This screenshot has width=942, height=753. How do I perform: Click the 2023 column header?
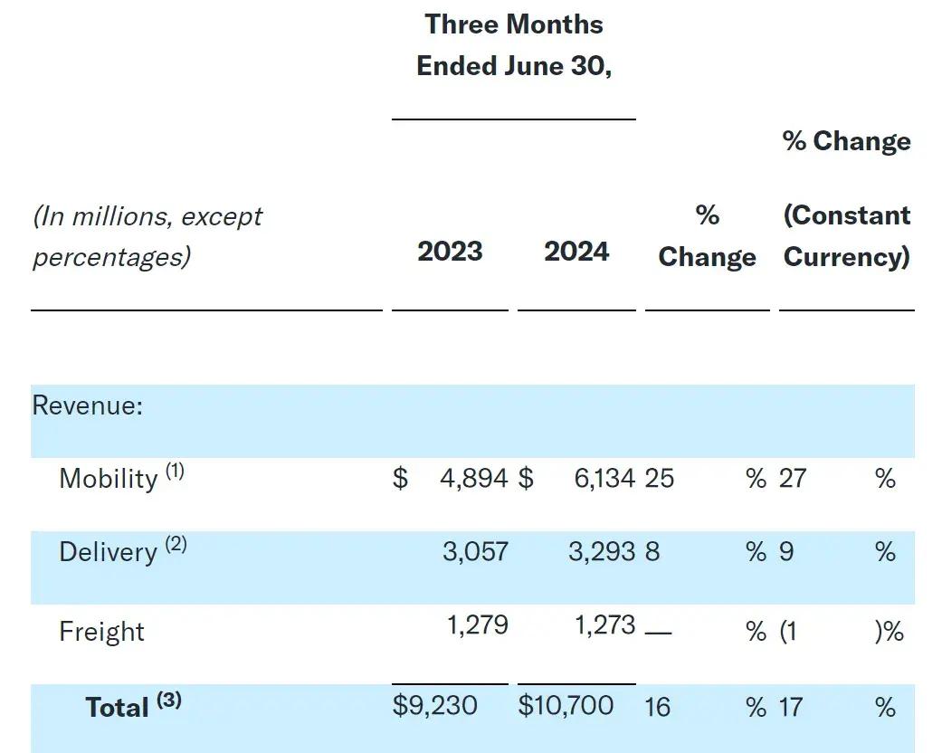[x=450, y=251]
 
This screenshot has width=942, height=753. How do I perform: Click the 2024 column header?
[x=576, y=251]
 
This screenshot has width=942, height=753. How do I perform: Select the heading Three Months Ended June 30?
[x=514, y=45]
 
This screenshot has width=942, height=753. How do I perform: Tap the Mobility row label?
[x=108, y=478]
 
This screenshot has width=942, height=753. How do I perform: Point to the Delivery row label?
[x=108, y=552]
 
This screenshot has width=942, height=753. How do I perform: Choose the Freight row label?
[x=101, y=631]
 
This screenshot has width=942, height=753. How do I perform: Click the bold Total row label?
[x=117, y=707]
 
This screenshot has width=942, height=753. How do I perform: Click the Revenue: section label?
[x=88, y=405]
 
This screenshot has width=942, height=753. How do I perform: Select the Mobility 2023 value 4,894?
[x=473, y=478]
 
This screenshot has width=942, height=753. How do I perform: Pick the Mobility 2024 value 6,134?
[x=604, y=478]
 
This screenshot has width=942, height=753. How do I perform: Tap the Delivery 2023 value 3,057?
[x=475, y=551]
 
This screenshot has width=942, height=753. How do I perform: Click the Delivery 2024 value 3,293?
[x=602, y=551]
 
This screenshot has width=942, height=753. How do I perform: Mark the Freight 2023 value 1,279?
[x=478, y=625]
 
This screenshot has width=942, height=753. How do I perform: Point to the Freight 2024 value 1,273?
[x=605, y=625]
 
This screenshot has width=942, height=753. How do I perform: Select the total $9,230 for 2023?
[x=434, y=705]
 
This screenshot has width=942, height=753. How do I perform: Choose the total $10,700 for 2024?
[x=566, y=705]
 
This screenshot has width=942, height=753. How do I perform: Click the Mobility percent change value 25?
[x=659, y=478]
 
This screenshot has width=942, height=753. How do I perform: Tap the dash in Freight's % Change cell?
[x=658, y=632]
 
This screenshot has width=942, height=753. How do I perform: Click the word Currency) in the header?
[x=846, y=256]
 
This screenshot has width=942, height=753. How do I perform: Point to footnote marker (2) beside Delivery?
[x=176, y=545]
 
